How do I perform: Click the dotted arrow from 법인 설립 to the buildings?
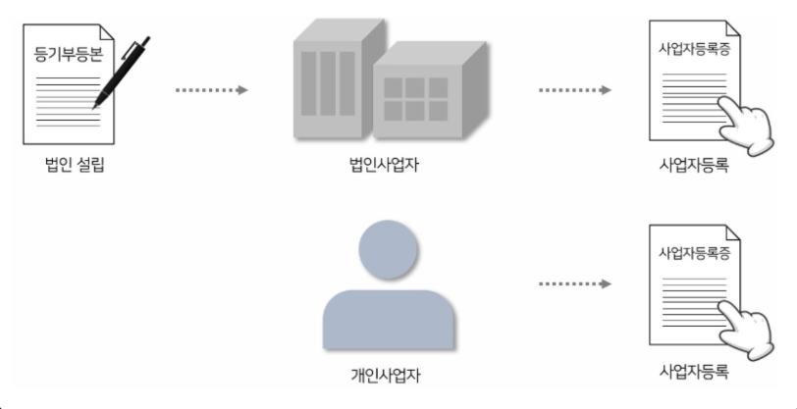(210, 90)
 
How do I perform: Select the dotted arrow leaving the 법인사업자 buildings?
(575, 90)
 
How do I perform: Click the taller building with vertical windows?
(331, 83)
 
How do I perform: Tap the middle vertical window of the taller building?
(330, 83)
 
